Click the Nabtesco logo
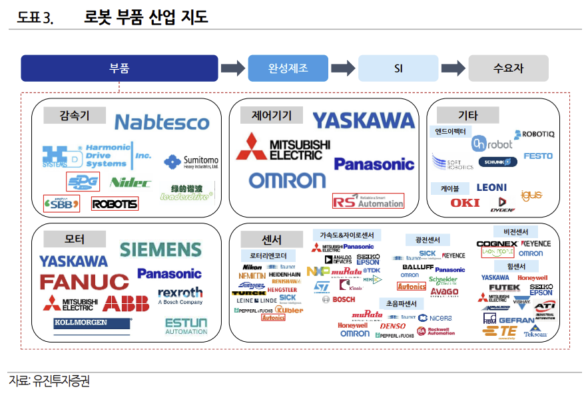point(162,122)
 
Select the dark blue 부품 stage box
point(119,68)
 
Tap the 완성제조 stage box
point(288,68)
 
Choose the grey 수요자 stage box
point(508,68)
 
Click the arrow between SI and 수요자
point(453,68)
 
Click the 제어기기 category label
point(272,115)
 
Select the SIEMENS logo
point(160,249)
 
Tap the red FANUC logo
point(85,282)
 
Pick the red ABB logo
point(126,304)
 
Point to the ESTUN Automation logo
point(186,326)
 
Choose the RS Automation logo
point(368,201)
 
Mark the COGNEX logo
point(497,244)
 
